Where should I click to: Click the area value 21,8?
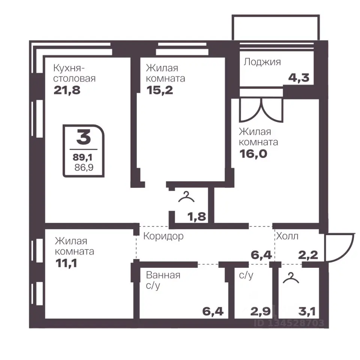coord(67,90)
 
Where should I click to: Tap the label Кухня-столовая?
coord(74,73)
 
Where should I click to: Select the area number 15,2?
coord(160,90)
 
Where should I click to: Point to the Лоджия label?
coord(262,62)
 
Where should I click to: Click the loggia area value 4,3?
coord(299,78)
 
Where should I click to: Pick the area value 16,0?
coord(253,154)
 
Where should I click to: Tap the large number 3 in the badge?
coord(84,137)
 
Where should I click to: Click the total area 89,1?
coord(82,157)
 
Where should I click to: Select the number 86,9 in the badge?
coord(84,167)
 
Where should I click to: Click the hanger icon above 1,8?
coord(186,197)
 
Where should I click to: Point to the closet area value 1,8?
coord(197,216)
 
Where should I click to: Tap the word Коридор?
coord(163,236)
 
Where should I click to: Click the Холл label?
coord(287,236)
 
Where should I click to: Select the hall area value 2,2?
coord(308,255)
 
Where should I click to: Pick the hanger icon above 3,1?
coord(291,277)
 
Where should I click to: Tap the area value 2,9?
coord(260,312)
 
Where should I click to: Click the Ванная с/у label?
coord(163,280)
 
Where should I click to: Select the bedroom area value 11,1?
coord(66,263)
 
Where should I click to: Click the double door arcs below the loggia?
coord(261,111)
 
